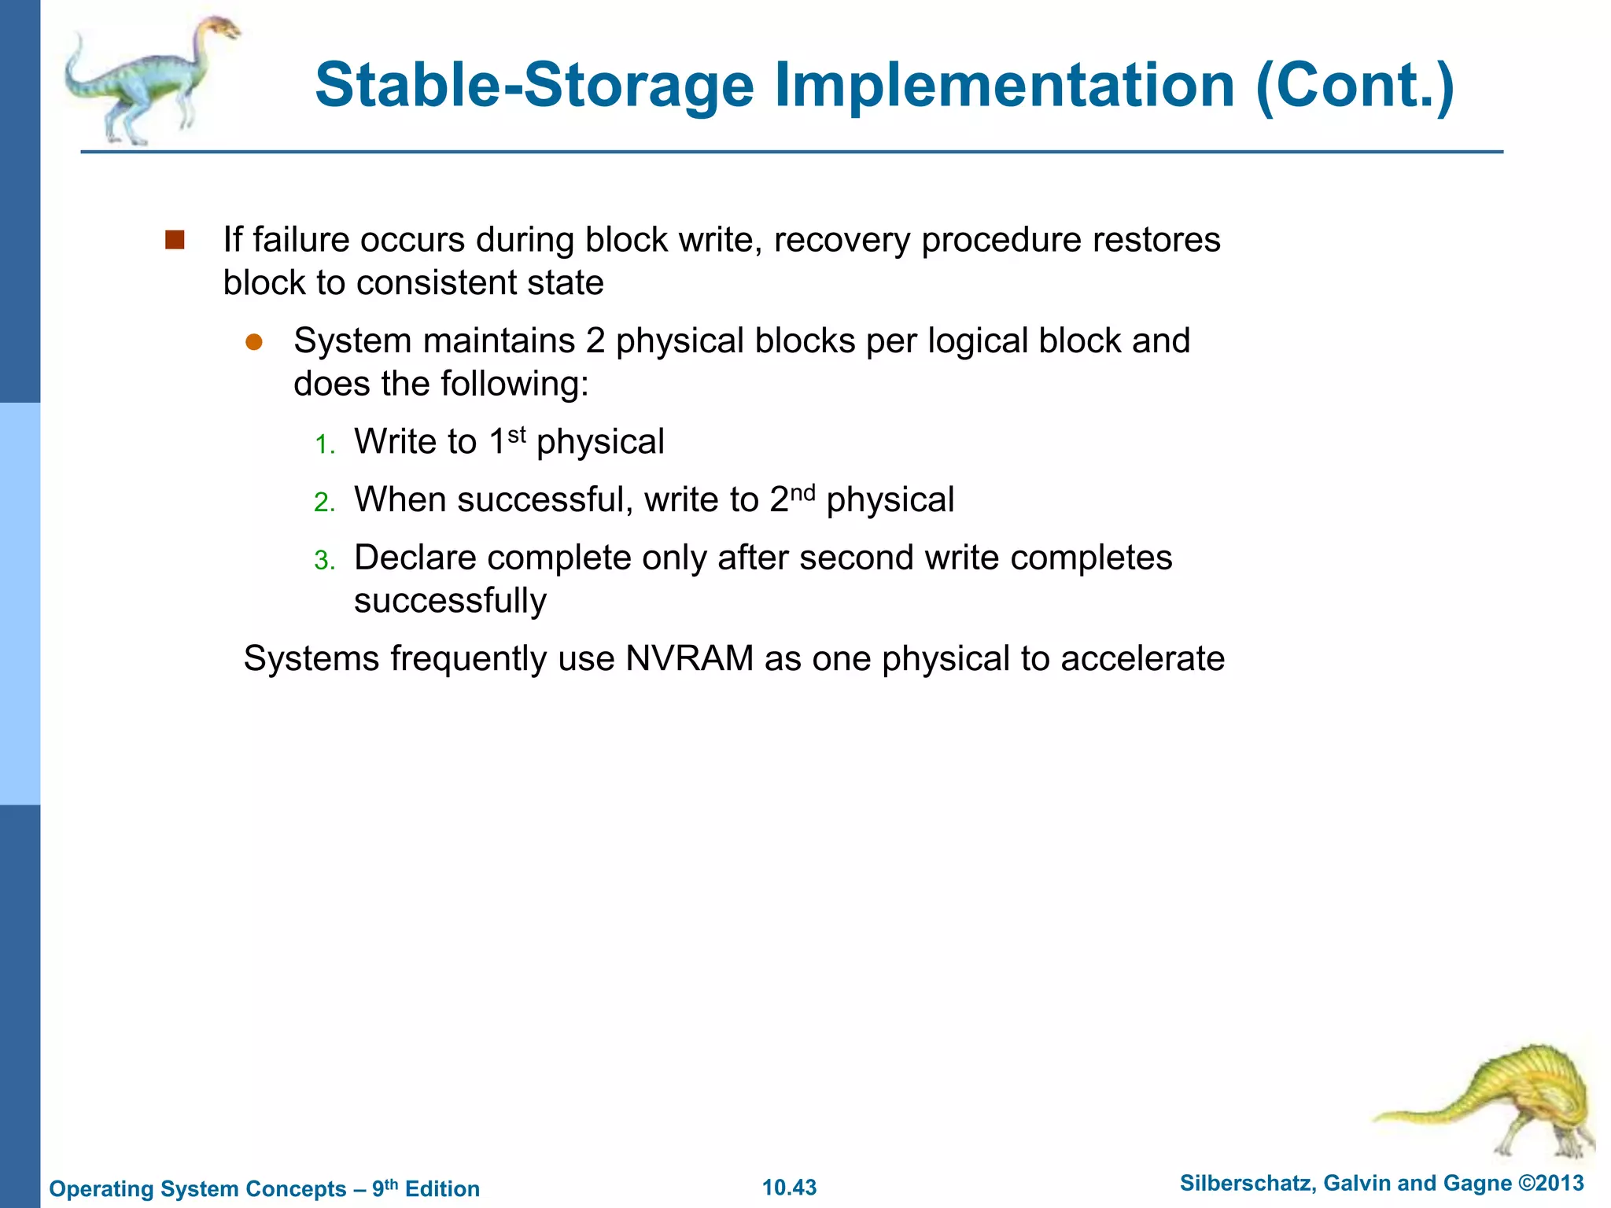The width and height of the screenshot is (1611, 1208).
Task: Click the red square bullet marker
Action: point(175,240)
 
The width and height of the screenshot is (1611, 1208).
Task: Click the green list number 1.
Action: point(324,445)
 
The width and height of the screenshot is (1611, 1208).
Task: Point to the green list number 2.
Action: point(324,503)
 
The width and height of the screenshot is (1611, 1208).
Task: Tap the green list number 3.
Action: point(324,561)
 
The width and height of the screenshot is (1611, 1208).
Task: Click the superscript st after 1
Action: point(516,433)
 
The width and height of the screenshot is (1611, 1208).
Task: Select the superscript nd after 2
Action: point(802,492)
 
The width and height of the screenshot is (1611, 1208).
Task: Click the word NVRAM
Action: point(689,658)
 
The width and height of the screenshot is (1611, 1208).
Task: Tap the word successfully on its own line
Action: point(450,601)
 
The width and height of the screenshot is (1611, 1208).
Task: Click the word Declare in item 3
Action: point(415,558)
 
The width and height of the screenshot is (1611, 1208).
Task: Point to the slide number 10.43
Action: point(789,1188)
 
